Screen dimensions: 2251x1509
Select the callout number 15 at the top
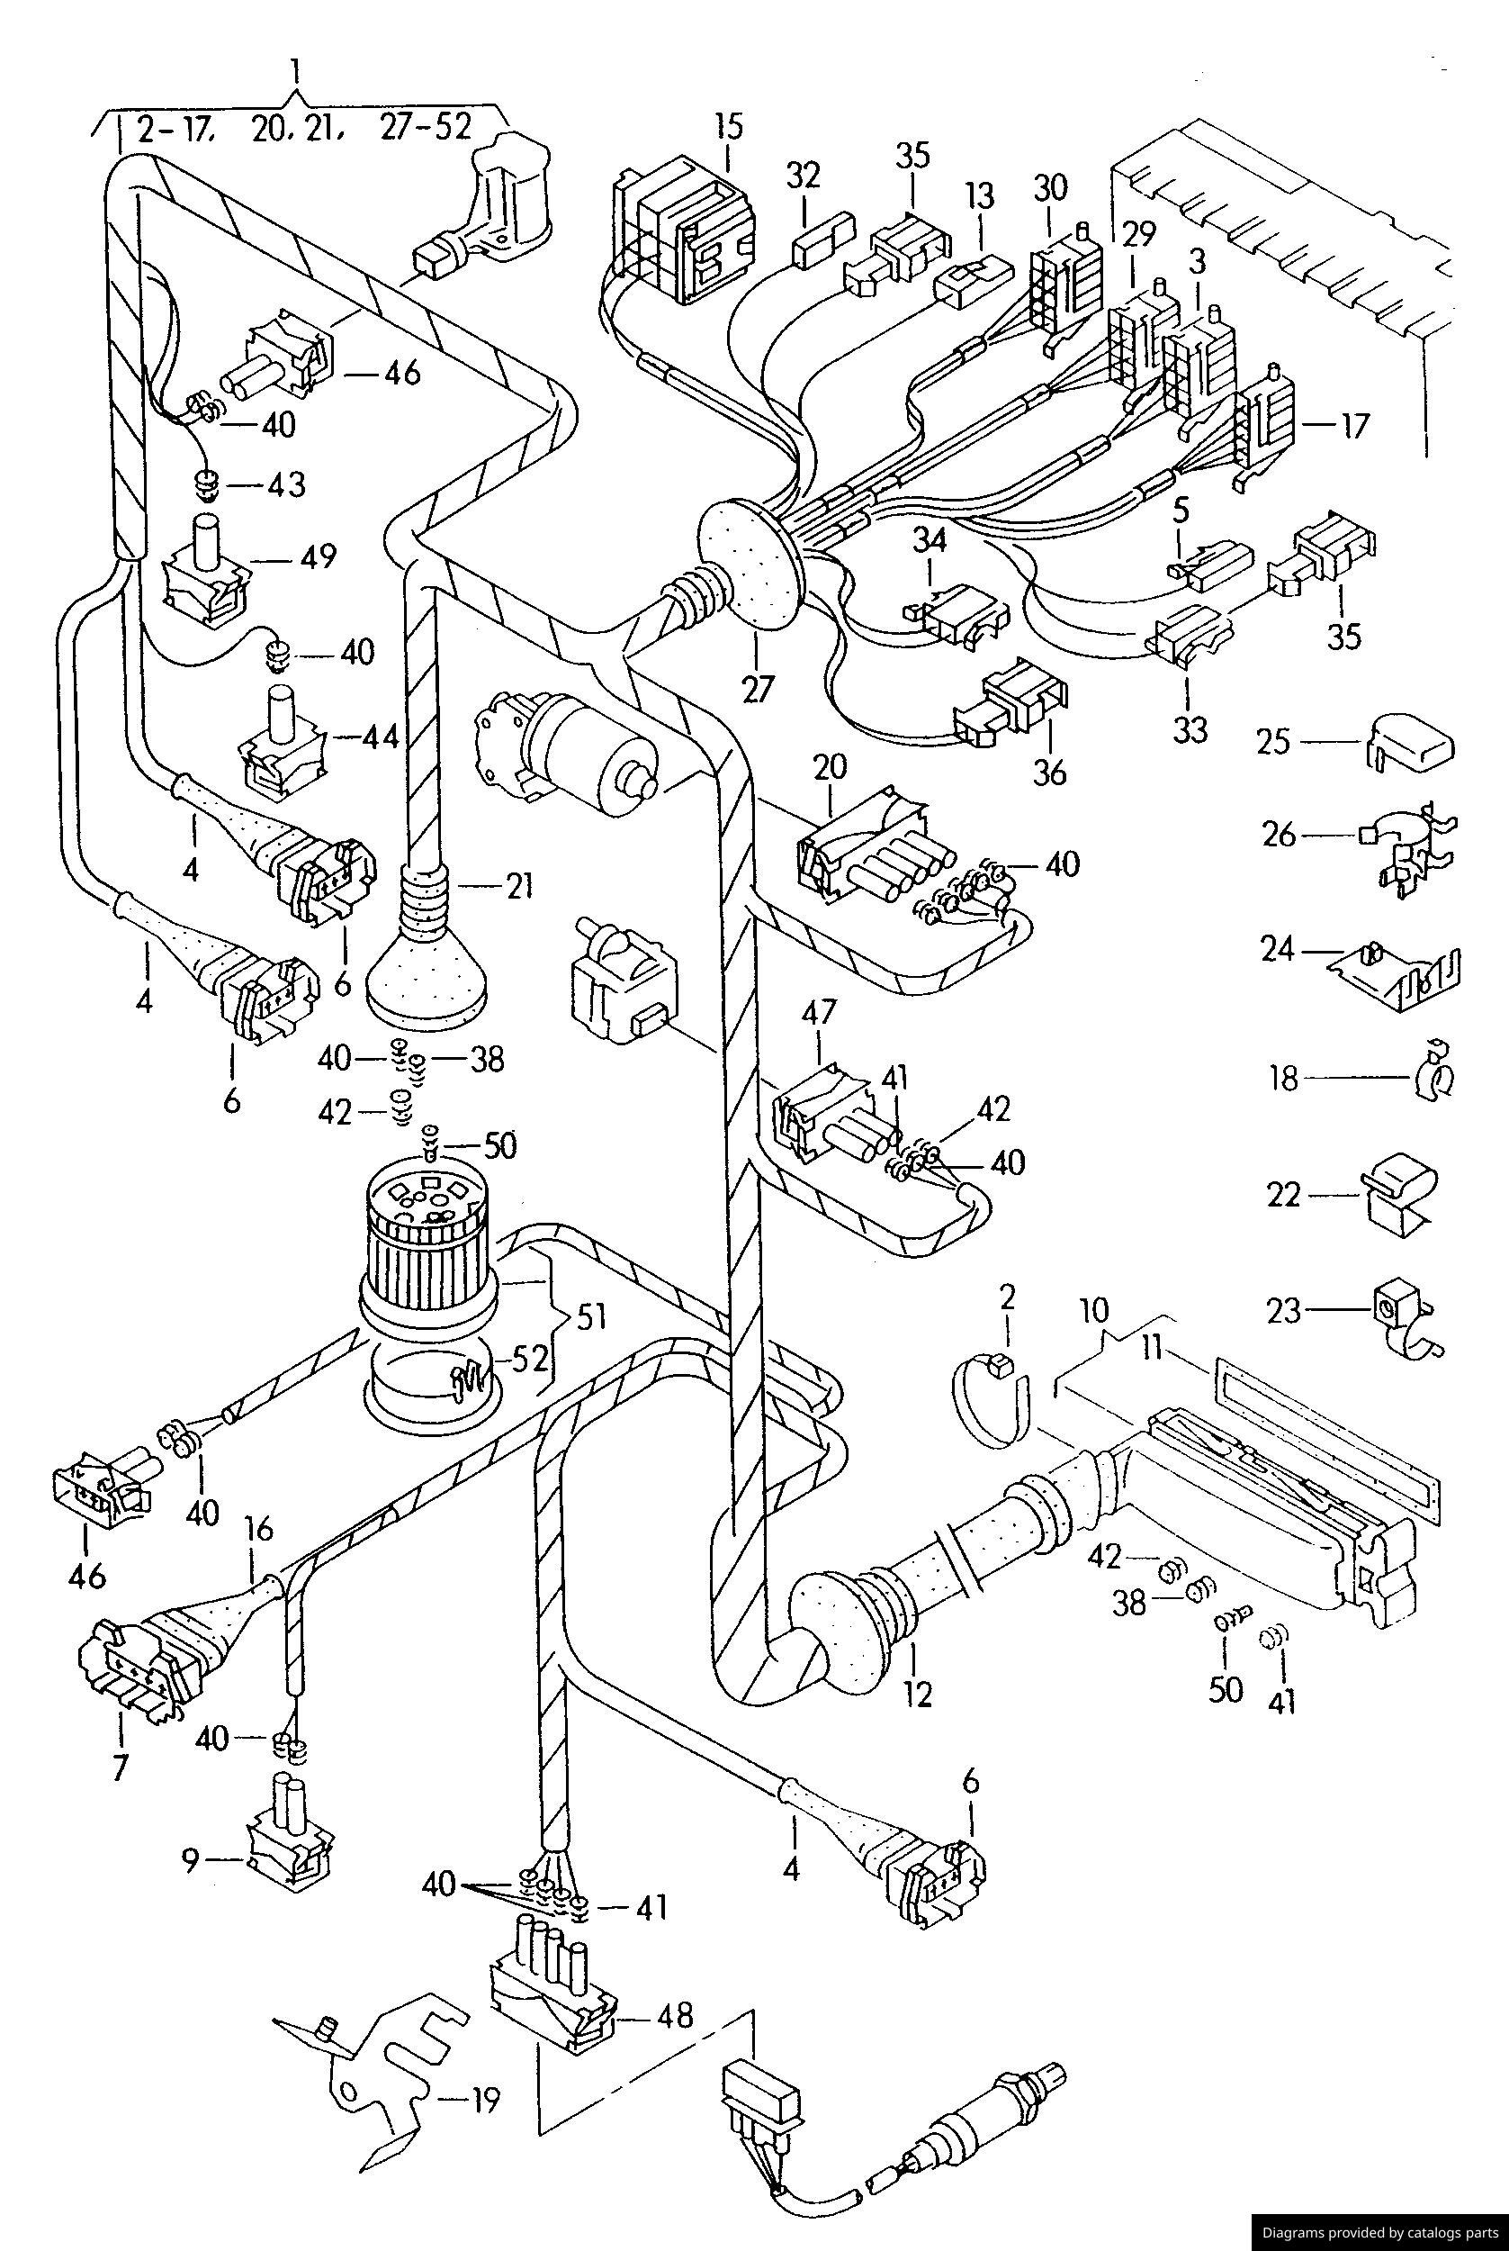(729, 127)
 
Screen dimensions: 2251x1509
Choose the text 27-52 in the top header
(426, 128)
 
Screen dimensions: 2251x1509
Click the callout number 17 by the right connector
(1355, 426)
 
